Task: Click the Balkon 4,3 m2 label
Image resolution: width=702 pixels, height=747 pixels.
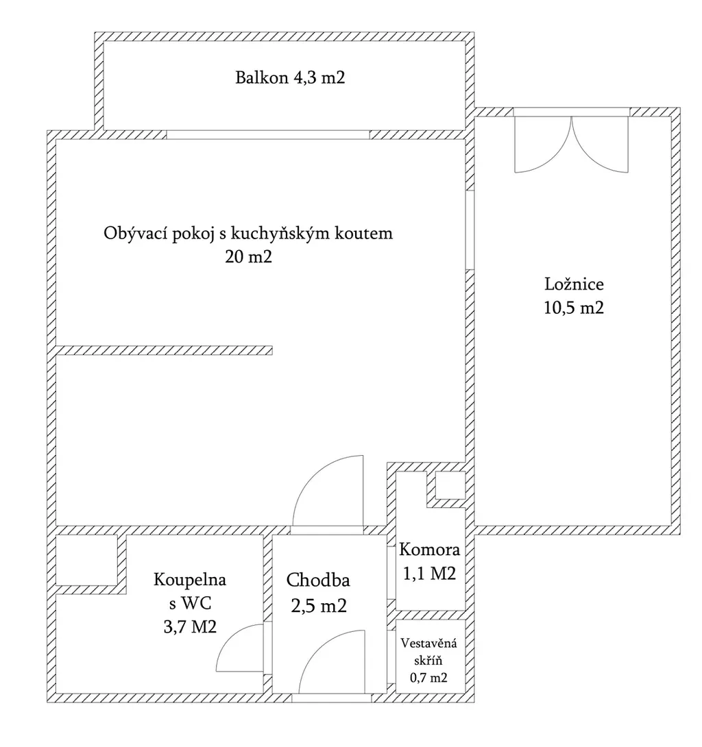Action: pyautogui.click(x=290, y=77)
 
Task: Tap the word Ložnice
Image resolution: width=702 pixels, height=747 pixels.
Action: pyautogui.click(x=574, y=284)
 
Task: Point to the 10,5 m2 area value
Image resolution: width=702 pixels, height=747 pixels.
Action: pyautogui.click(x=574, y=307)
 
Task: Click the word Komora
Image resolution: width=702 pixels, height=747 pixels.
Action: pyautogui.click(x=429, y=550)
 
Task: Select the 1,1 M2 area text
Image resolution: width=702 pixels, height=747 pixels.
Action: pyautogui.click(x=429, y=573)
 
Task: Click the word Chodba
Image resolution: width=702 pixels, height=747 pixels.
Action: pyautogui.click(x=318, y=580)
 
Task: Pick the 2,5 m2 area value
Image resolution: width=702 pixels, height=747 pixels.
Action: pyautogui.click(x=318, y=606)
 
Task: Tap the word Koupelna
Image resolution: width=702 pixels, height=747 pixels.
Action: pyautogui.click(x=190, y=580)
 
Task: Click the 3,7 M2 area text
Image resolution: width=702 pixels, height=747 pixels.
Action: pyautogui.click(x=190, y=626)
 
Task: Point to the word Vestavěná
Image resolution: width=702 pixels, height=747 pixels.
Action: pyautogui.click(x=428, y=644)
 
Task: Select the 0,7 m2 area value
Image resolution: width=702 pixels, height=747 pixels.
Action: pyautogui.click(x=428, y=677)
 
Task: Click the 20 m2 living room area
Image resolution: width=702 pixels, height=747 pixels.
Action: pyautogui.click(x=248, y=257)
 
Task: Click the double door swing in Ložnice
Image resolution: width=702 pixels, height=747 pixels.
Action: pyautogui.click(x=572, y=143)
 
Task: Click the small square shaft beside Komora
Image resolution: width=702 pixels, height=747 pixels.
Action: pyautogui.click(x=450, y=485)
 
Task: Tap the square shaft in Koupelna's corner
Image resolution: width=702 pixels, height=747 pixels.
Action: pyautogui.click(x=87, y=560)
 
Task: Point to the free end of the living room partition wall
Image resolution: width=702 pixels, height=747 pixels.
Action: pyautogui.click(x=272, y=351)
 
